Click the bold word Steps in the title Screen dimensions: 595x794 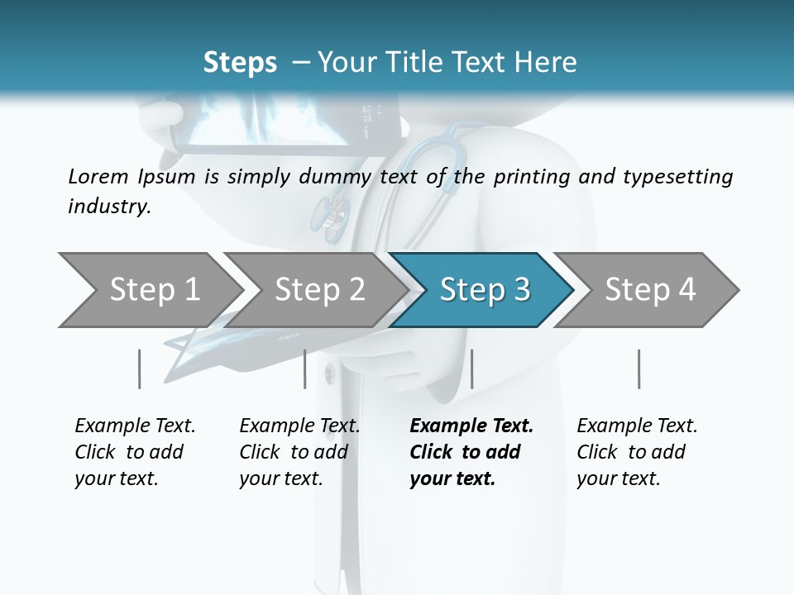(240, 63)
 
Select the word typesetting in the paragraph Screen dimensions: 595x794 (673, 176)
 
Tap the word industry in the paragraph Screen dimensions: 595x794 (109, 206)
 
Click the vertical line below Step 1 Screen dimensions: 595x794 (139, 369)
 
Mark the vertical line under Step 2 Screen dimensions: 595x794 (305, 369)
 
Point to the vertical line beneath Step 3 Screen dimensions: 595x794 (471, 369)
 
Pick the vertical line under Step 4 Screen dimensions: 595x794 (639, 369)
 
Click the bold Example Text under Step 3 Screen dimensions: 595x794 (471, 426)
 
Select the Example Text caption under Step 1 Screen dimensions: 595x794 (135, 426)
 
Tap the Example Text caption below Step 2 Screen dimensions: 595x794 (299, 426)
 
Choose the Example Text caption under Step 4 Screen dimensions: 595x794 (637, 426)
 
